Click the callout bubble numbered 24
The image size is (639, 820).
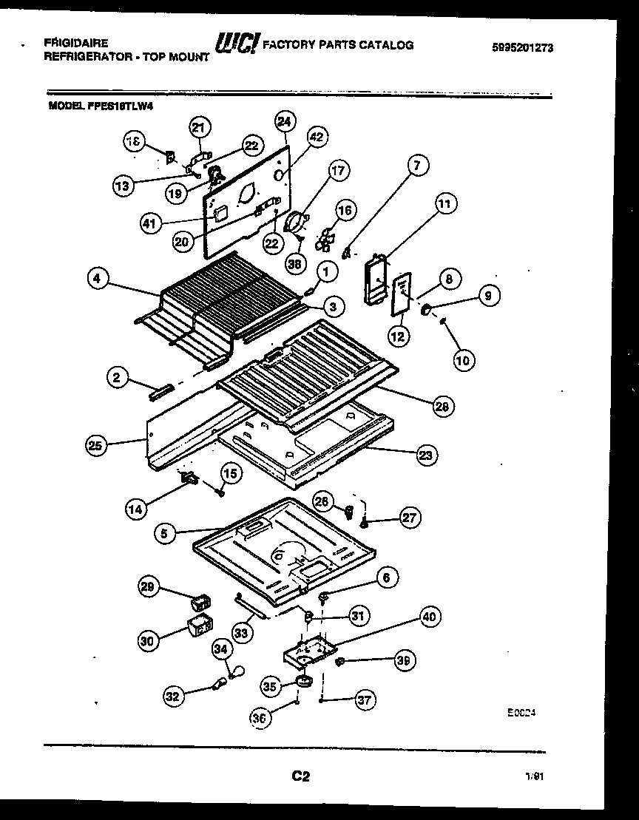click(x=285, y=121)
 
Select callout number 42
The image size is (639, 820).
click(x=317, y=137)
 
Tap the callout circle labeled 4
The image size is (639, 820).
click(x=98, y=279)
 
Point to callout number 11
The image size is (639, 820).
click(x=446, y=203)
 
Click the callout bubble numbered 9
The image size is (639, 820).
click(x=488, y=296)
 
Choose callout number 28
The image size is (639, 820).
click(x=444, y=406)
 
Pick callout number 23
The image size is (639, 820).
click(x=425, y=455)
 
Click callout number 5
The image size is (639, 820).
click(x=166, y=531)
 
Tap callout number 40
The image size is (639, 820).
click(x=429, y=617)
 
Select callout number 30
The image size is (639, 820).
click(x=149, y=641)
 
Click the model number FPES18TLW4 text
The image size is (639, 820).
click(x=102, y=106)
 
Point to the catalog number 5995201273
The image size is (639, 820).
click(x=522, y=48)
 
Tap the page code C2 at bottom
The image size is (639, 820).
click(x=300, y=776)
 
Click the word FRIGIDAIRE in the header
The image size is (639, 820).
click(x=76, y=43)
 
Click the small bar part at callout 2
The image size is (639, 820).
click(x=160, y=391)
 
